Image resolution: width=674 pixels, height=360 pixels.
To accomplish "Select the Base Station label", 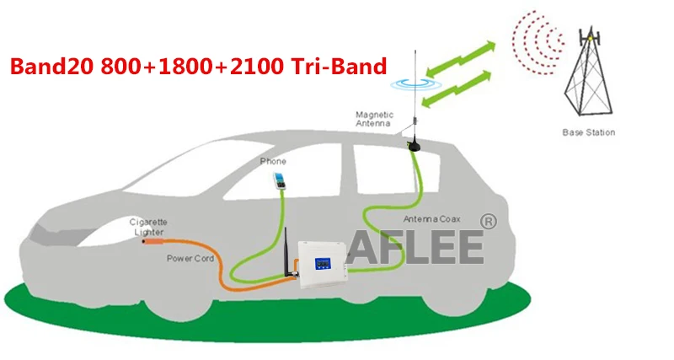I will pos(588,132).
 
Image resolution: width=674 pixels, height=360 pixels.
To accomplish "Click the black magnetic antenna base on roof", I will pos(416,146).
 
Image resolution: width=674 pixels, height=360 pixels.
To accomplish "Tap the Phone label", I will pos(273,161).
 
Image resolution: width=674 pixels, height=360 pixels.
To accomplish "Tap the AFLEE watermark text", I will pos(426,246).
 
